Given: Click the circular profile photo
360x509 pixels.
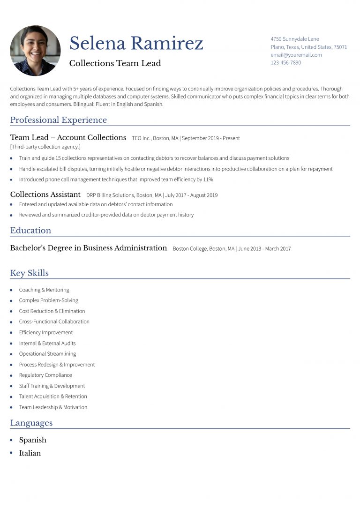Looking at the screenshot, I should coord(35,51).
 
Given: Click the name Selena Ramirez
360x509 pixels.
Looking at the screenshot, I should coord(136,44).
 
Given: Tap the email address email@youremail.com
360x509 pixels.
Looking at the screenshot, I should coord(296,55).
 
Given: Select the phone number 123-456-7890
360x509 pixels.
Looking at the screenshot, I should coord(286,63).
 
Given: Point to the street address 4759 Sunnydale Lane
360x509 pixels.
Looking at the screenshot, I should coord(295,39).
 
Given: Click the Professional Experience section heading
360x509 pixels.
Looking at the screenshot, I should coord(59,120).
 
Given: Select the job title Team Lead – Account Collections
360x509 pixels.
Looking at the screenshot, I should coord(68,138).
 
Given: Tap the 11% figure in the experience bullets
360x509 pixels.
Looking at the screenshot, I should coord(208,180).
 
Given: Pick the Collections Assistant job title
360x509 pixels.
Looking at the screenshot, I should coord(45,195).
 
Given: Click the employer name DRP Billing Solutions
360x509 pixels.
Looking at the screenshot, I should coord(110,195).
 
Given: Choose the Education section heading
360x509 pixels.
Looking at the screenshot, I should coord(30,231).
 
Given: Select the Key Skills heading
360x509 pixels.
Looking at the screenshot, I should coord(30,273).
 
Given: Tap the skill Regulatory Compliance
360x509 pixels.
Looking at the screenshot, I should coord(45,375).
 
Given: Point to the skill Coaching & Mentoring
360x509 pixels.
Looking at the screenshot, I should coord(44,290).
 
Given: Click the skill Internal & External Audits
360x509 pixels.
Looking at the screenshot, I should coord(47,344).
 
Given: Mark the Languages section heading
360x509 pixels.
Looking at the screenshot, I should coord(31,423).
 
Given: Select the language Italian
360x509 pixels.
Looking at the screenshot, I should coord(30,453).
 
